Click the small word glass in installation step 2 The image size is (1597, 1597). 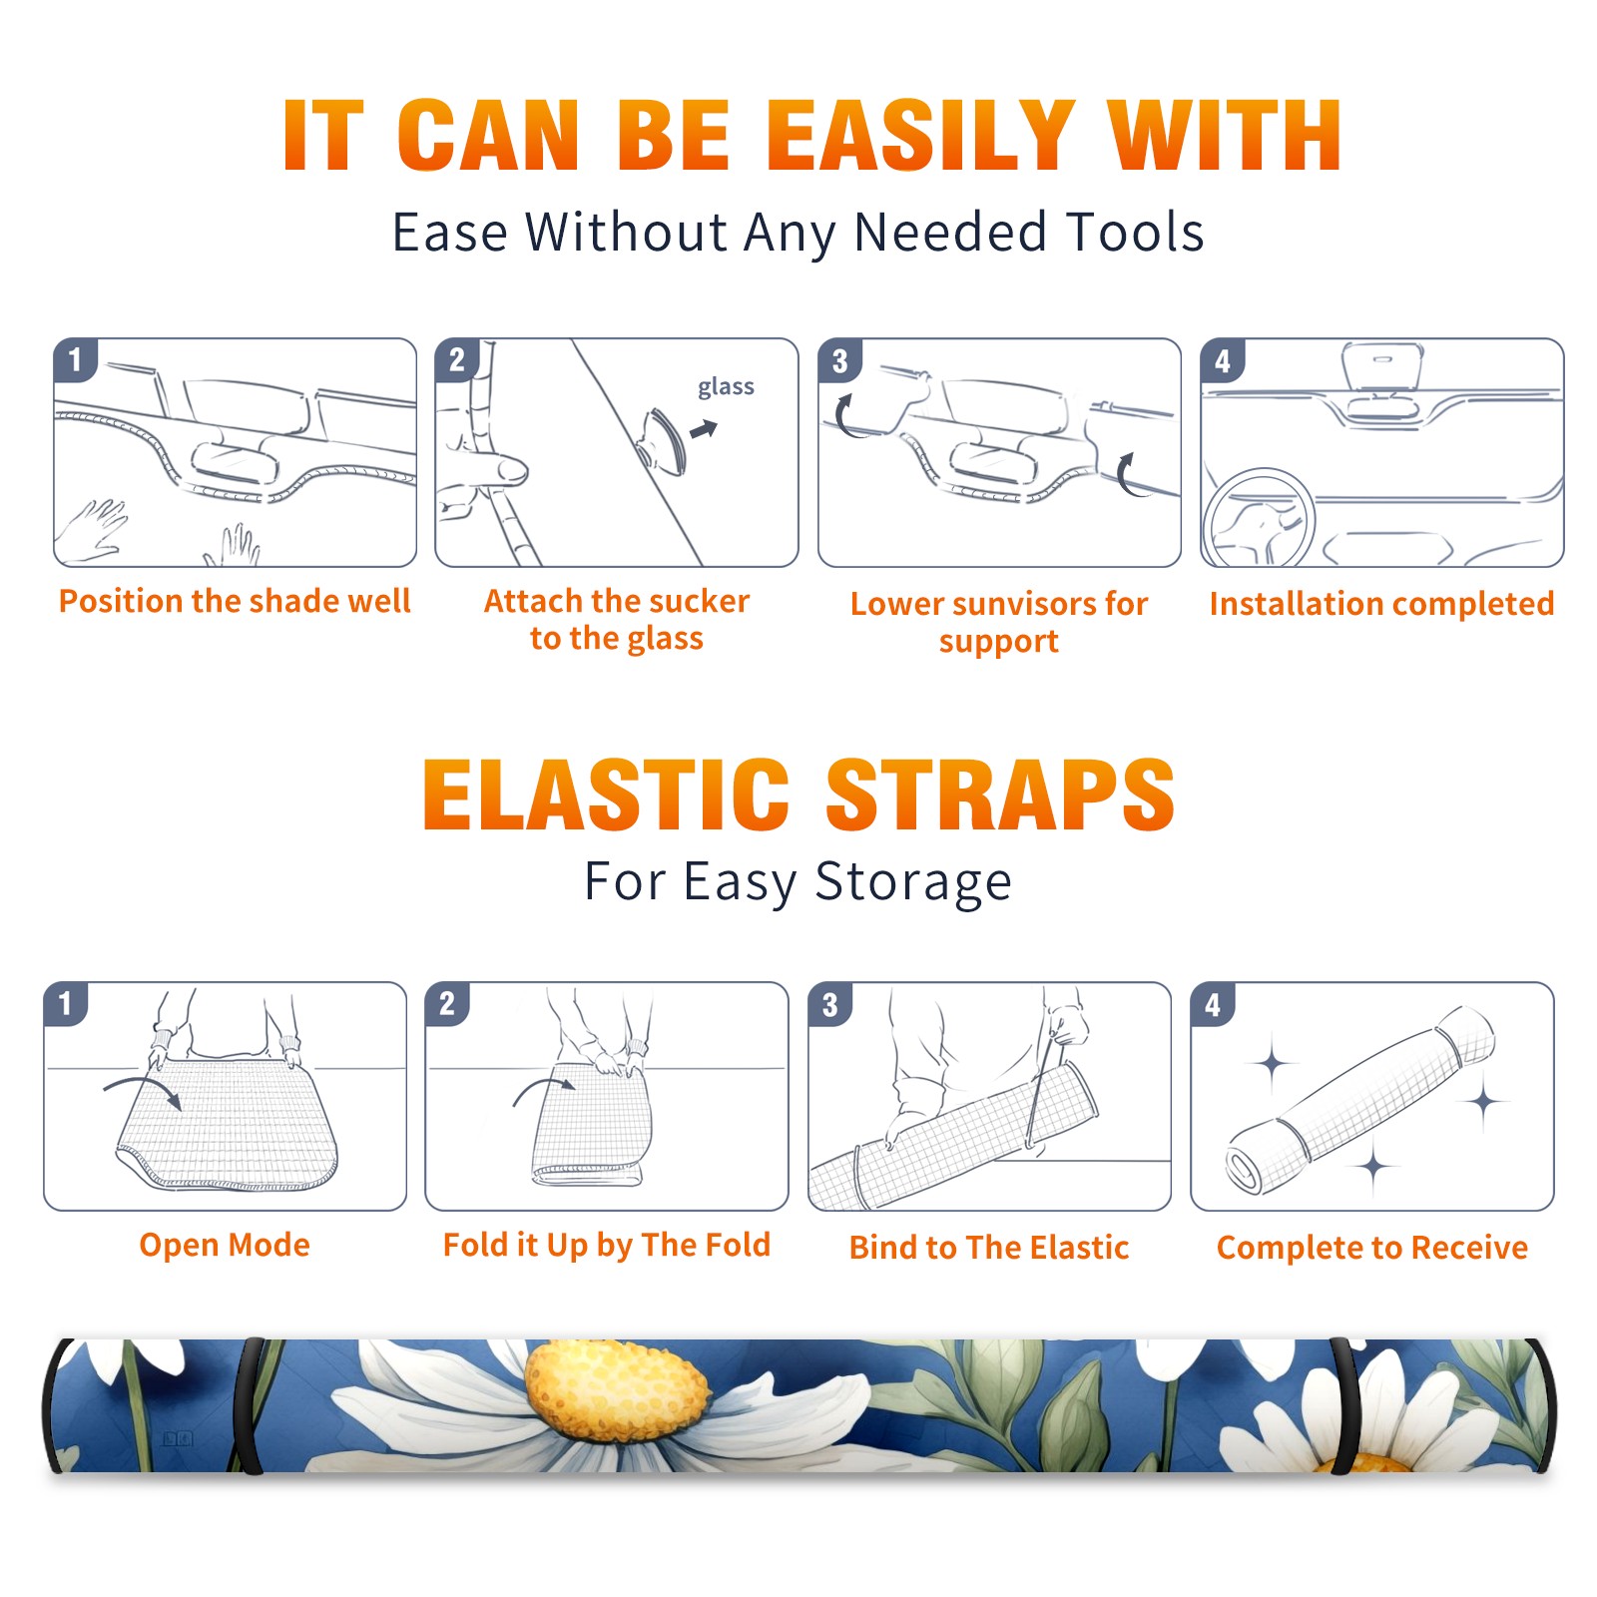click(x=726, y=387)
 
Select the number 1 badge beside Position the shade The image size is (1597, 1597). click(x=76, y=359)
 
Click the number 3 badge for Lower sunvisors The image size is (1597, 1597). click(x=840, y=360)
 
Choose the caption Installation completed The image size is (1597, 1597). click(x=1381, y=604)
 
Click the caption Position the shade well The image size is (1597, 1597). click(x=235, y=601)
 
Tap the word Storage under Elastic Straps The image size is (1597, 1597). click(x=913, y=882)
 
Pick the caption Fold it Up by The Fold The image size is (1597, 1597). click(x=607, y=1246)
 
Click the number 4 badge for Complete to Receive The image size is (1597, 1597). click(x=1213, y=1004)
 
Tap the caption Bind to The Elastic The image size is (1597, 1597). click(x=989, y=1248)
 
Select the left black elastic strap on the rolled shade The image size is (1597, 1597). click(x=249, y=1405)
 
